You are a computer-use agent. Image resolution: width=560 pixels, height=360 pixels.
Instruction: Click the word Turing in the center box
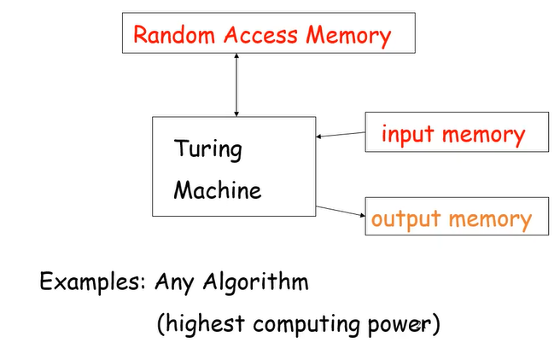click(x=208, y=150)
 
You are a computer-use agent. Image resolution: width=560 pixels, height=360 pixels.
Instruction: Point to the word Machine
click(x=218, y=189)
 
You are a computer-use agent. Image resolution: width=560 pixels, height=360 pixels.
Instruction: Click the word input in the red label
click(x=408, y=135)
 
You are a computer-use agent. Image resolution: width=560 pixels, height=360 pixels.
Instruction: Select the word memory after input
click(x=482, y=135)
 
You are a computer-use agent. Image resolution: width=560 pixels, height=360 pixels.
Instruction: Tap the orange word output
click(x=405, y=219)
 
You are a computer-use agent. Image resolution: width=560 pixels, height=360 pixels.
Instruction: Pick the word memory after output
click(x=489, y=219)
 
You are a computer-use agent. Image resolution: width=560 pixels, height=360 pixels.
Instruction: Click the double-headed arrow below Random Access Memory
click(x=236, y=85)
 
